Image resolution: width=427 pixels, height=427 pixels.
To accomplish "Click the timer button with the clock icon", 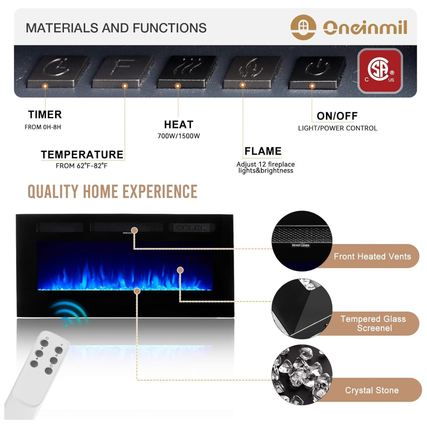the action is coord(58,71).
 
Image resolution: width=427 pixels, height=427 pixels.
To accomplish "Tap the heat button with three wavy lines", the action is coord(187,71).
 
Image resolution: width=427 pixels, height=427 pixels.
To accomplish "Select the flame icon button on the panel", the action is coord(252,72).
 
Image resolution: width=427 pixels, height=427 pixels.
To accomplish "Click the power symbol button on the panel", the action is coord(317,73).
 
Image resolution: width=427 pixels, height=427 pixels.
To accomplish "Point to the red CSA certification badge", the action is coord(380,71).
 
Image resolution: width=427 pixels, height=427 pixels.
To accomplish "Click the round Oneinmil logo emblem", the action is coord(303,27).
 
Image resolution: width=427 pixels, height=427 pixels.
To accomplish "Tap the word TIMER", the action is coord(45,114).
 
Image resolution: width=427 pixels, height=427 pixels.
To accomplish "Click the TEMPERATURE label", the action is coord(82,155).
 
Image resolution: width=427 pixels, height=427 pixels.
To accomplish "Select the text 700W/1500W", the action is coord(178,136).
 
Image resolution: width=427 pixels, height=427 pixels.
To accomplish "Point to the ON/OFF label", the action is coord(337,116).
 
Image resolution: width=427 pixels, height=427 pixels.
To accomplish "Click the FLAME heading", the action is coord(263,151).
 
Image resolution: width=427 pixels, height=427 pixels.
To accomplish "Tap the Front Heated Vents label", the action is coord(372,256).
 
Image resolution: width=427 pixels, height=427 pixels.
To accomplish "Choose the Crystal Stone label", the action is coord(372,390).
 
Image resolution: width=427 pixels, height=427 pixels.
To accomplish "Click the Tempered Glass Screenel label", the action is coord(373,323).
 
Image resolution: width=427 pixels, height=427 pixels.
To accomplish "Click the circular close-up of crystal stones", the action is coord(302,375).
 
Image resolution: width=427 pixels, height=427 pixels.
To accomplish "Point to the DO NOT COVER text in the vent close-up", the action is coord(301,246).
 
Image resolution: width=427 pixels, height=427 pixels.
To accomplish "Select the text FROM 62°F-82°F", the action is coord(82,166).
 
